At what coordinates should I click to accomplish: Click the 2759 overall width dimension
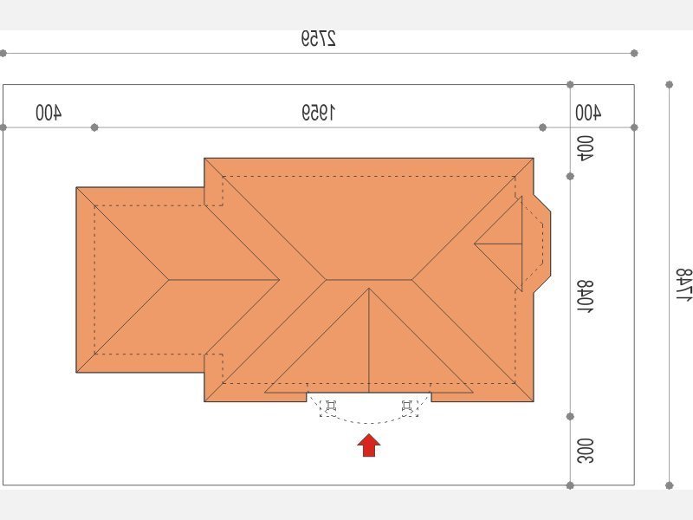point(318,38)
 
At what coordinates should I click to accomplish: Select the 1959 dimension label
point(318,113)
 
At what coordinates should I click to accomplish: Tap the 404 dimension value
point(586,148)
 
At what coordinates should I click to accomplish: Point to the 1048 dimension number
point(586,296)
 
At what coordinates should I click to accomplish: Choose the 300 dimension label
point(586,451)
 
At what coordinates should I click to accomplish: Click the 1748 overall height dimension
point(683,284)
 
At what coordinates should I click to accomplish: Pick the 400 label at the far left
point(49,113)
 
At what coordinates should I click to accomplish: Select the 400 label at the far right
point(588,113)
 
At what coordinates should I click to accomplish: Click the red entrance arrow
point(369,445)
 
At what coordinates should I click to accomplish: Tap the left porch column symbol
point(331,406)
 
